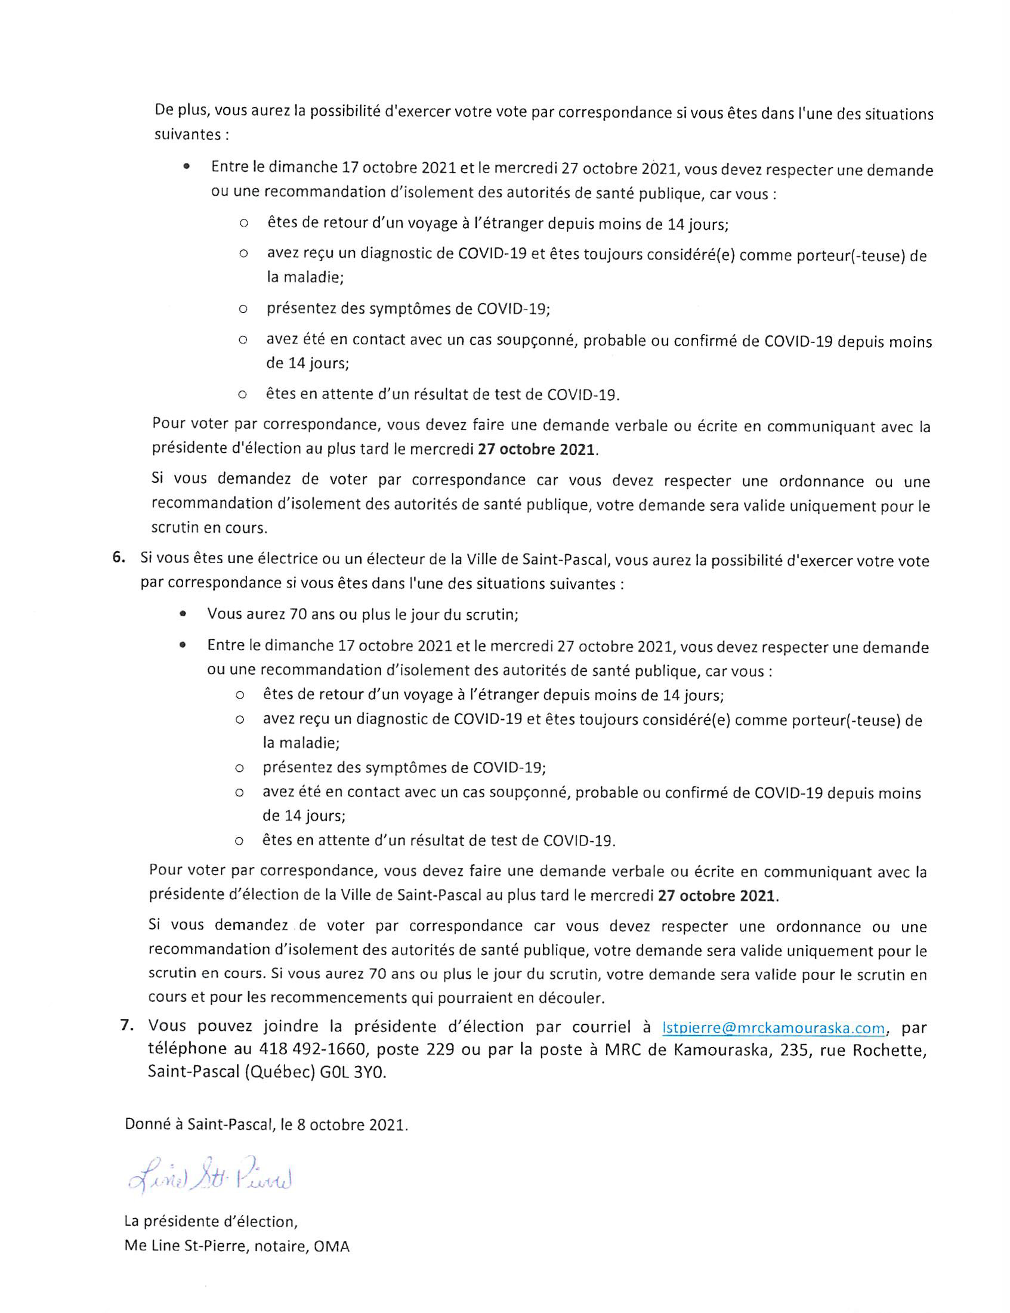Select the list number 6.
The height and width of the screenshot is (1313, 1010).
pyautogui.click(x=118, y=558)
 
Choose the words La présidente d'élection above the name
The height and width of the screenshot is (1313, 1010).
pyautogui.click(x=210, y=1222)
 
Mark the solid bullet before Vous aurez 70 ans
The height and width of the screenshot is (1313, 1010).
pyautogui.click(x=182, y=614)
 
